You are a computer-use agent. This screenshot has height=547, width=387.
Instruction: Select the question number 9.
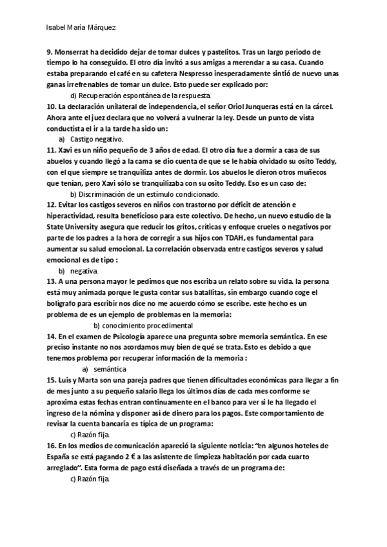pyautogui.click(x=50, y=51)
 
